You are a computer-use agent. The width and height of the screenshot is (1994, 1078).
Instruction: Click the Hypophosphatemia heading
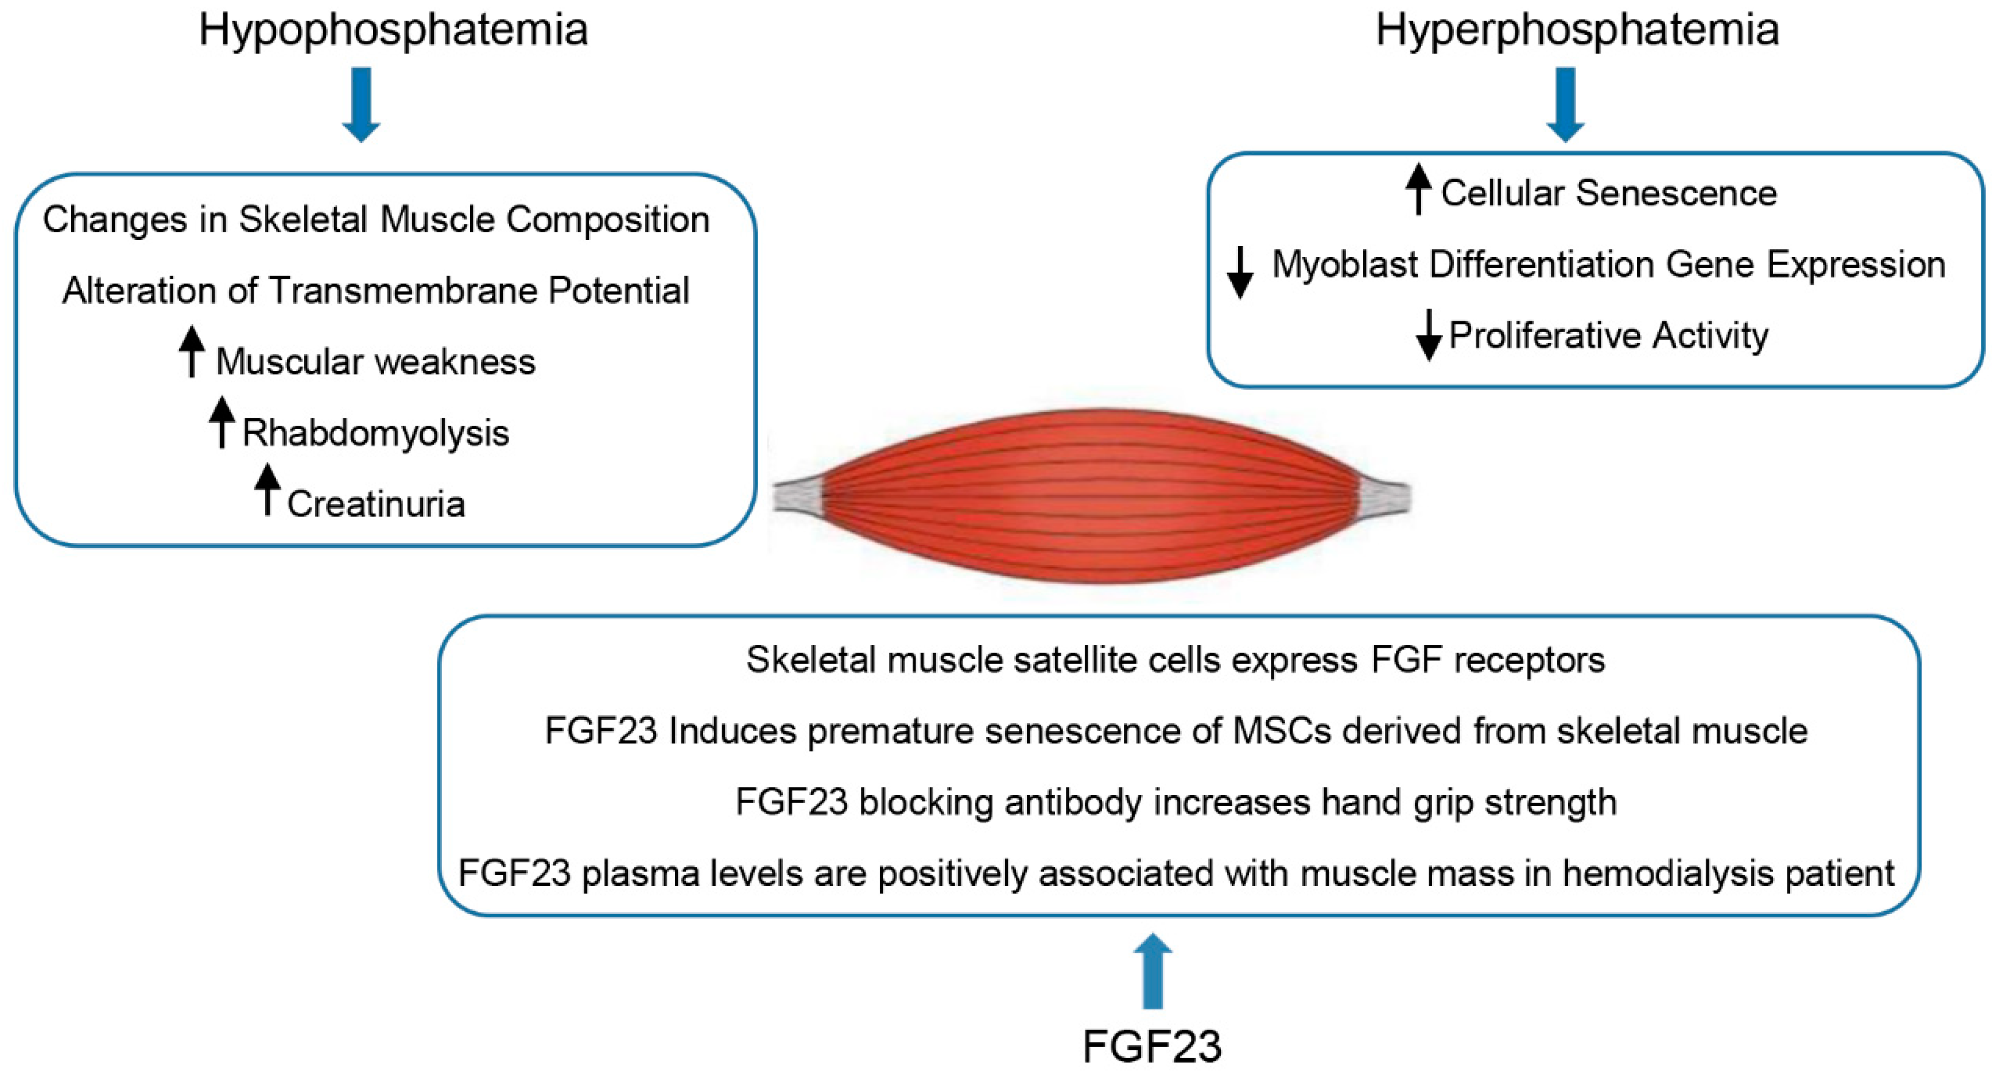click(x=393, y=31)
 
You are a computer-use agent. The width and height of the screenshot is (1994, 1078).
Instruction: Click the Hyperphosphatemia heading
click(x=1577, y=31)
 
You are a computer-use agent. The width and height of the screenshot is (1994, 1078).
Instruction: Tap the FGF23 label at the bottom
click(x=1152, y=1046)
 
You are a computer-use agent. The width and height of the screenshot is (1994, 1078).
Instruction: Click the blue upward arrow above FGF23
click(x=1153, y=971)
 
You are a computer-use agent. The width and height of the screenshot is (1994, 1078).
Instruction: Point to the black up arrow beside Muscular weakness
click(x=192, y=351)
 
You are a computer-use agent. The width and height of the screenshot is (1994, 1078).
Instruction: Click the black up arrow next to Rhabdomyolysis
click(x=222, y=422)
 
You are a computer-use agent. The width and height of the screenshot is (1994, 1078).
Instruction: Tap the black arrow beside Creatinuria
click(x=267, y=489)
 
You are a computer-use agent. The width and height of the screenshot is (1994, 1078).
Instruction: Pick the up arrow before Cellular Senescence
click(x=1418, y=188)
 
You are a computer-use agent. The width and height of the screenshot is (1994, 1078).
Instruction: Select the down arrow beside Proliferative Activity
click(x=1428, y=335)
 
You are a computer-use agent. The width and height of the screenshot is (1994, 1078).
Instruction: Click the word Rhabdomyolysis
click(x=375, y=433)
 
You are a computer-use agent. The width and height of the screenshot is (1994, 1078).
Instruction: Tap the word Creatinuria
click(x=375, y=504)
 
